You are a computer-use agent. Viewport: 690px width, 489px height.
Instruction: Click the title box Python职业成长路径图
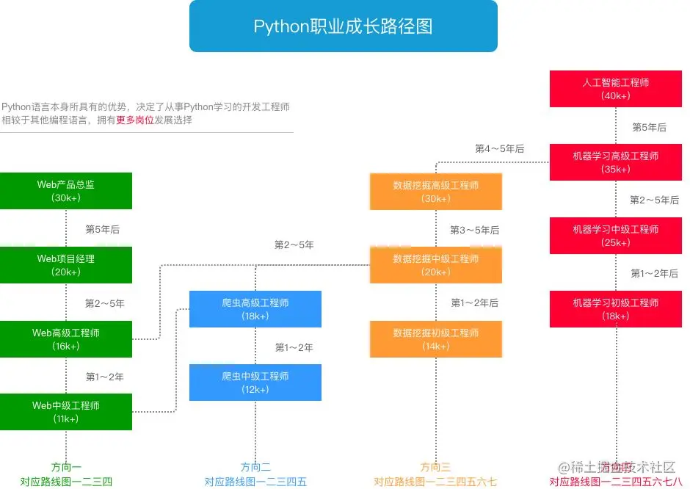(343, 26)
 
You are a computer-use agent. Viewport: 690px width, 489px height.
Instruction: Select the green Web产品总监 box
(66, 191)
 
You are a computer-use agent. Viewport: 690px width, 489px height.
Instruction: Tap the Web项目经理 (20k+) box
(66, 265)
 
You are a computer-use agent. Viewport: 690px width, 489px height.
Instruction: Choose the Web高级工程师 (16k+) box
(66, 339)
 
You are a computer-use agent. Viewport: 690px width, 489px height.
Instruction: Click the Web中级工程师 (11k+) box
(66, 412)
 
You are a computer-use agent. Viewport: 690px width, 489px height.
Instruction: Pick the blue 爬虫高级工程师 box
(255, 309)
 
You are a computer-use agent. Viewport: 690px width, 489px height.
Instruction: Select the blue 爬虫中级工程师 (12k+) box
(255, 383)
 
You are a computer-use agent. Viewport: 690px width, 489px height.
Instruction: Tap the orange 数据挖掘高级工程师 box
(436, 192)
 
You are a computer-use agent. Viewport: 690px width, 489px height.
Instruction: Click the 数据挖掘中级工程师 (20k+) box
(436, 265)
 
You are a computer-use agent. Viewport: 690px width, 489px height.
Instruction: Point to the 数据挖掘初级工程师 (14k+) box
(436, 339)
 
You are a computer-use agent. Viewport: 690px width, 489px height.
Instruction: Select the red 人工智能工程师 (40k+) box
(616, 89)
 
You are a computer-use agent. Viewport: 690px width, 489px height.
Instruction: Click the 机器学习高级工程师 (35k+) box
(616, 162)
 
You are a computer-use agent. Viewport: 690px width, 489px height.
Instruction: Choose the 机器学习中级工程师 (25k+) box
(616, 236)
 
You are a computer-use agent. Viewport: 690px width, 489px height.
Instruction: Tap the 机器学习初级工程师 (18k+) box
(616, 309)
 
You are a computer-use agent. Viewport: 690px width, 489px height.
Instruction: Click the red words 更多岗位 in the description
(135, 120)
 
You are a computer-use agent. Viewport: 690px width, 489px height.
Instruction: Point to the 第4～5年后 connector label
(499, 149)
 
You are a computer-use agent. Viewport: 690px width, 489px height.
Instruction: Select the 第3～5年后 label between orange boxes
(474, 230)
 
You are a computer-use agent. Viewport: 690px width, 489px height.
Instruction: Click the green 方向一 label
(66, 467)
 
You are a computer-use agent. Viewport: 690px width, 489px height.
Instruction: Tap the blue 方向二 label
(255, 467)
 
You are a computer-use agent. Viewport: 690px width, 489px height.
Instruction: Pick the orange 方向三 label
(435, 467)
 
